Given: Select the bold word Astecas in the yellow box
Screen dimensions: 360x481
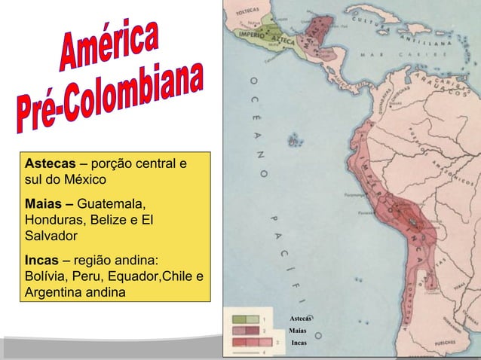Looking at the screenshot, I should pyautogui.click(x=50, y=164).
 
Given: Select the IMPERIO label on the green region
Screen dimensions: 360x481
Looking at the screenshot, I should pyautogui.click(x=252, y=34).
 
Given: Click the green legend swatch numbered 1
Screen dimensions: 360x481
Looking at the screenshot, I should pyautogui.click(x=245, y=319).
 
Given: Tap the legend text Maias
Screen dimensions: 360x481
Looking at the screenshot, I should pyautogui.click(x=297, y=331).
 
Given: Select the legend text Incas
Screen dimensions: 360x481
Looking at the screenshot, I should pyautogui.click(x=299, y=342).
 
